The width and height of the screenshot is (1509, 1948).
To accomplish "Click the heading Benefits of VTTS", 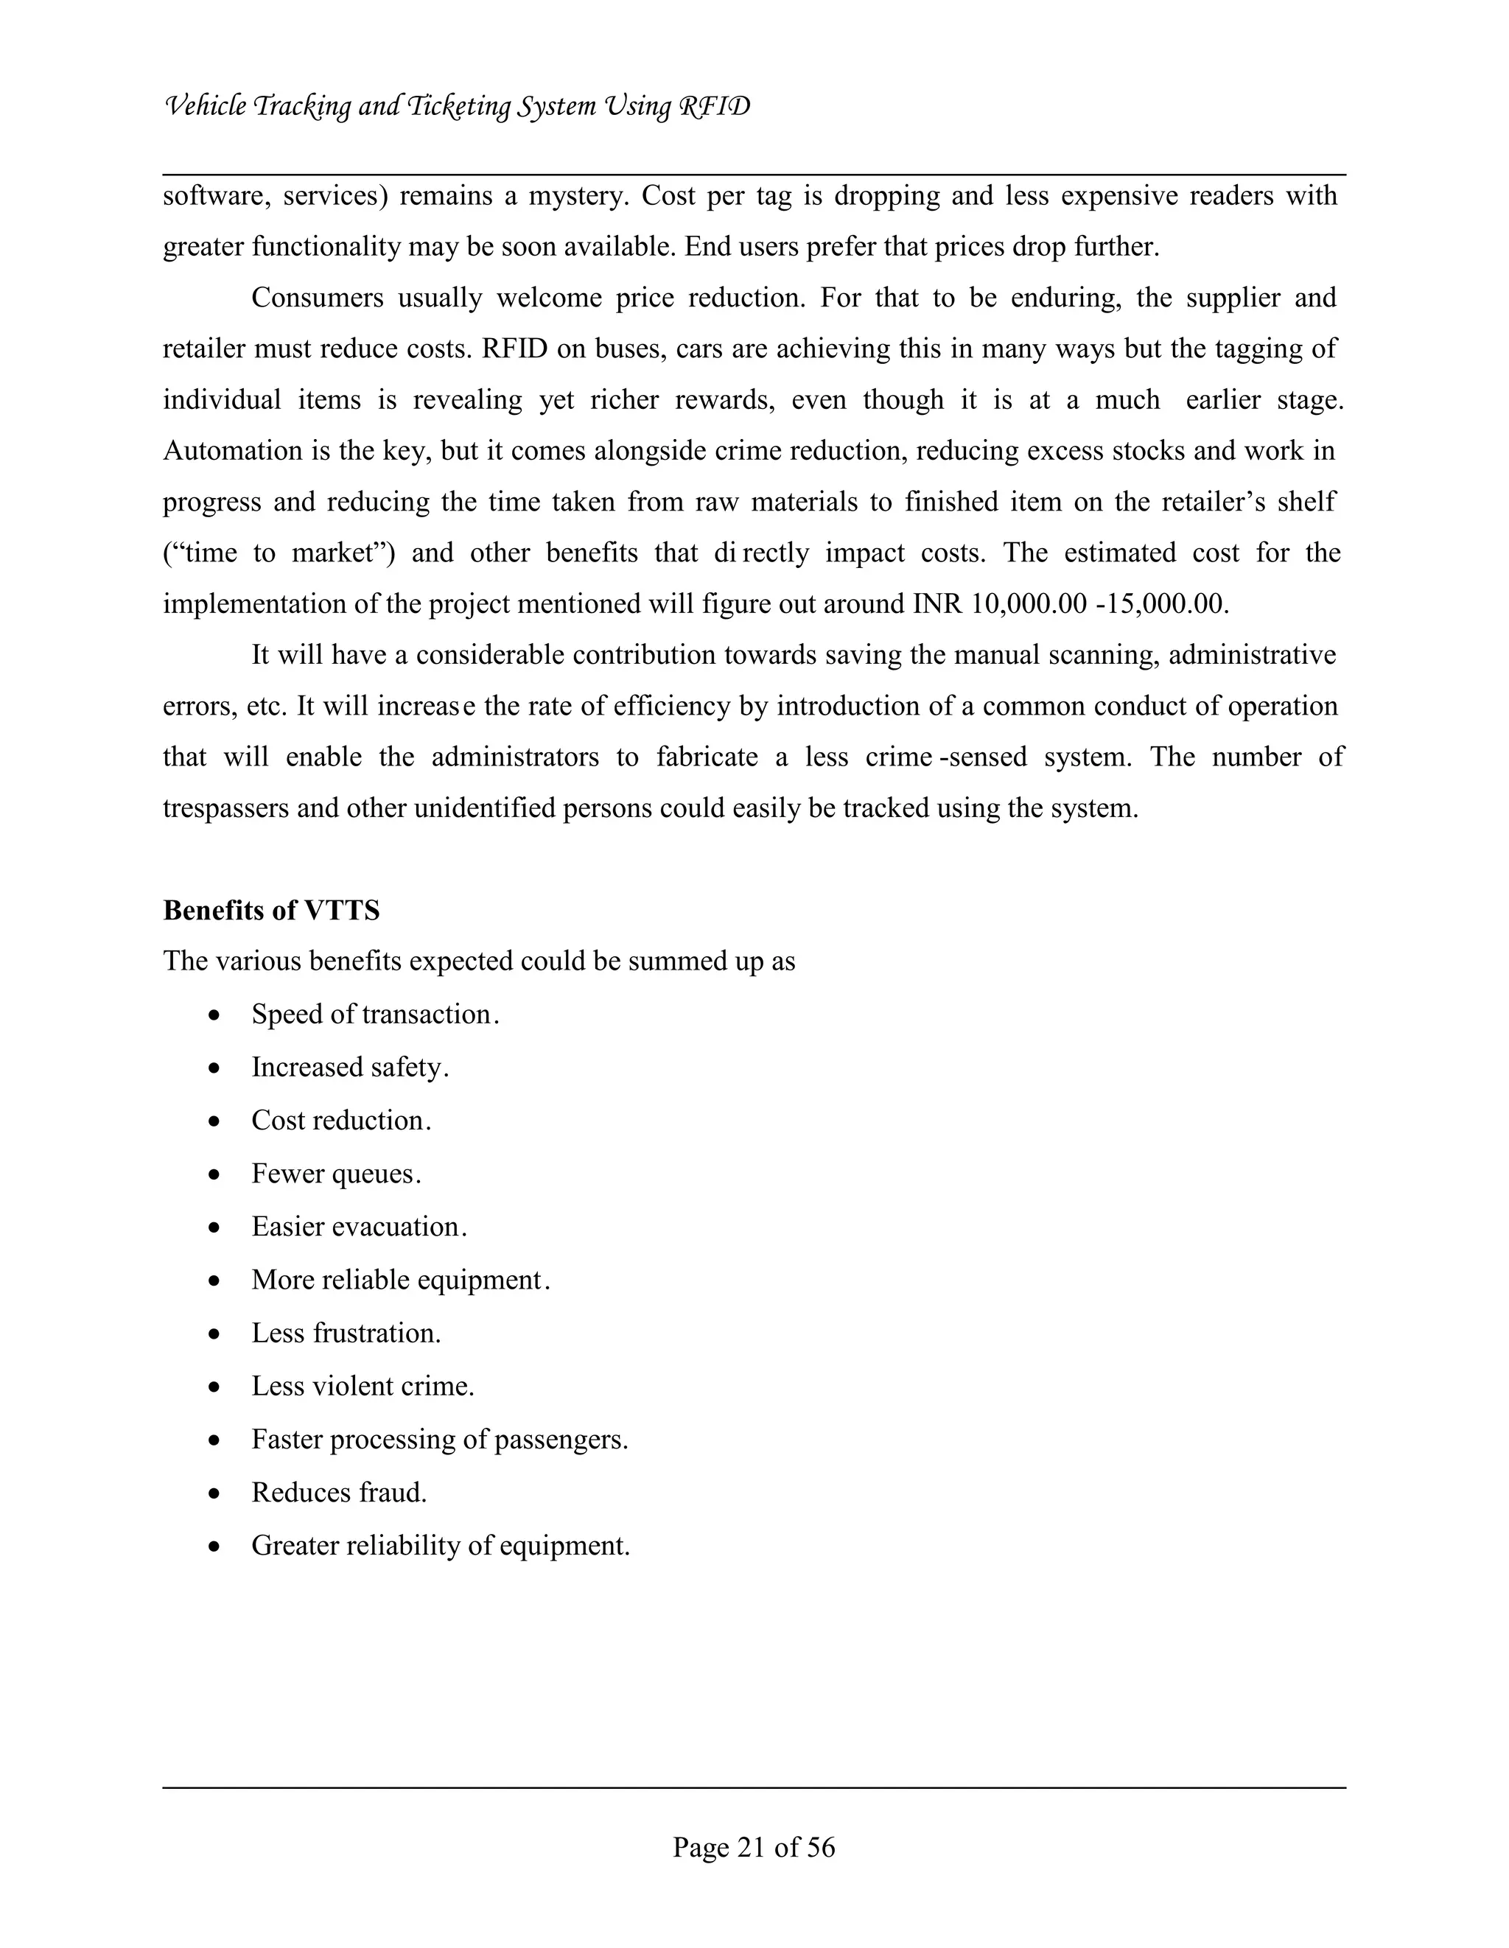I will point(271,911).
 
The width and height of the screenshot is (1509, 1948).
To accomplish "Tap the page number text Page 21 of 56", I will point(754,1846).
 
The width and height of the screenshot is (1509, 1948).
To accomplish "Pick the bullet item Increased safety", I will point(349,1068).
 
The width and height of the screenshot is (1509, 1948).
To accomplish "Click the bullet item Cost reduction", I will point(340,1121).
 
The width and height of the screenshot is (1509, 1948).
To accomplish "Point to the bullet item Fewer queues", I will point(335,1174).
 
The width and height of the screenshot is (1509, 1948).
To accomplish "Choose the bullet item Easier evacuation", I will point(359,1227).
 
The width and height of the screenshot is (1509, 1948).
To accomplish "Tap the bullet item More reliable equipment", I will point(400,1280).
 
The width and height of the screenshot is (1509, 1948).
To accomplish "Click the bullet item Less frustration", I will point(346,1334).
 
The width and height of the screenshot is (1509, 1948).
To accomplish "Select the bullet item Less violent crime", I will point(362,1386).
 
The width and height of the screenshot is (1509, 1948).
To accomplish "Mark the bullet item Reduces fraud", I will point(339,1492).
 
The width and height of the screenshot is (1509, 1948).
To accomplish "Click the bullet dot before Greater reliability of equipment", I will point(214,1546).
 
